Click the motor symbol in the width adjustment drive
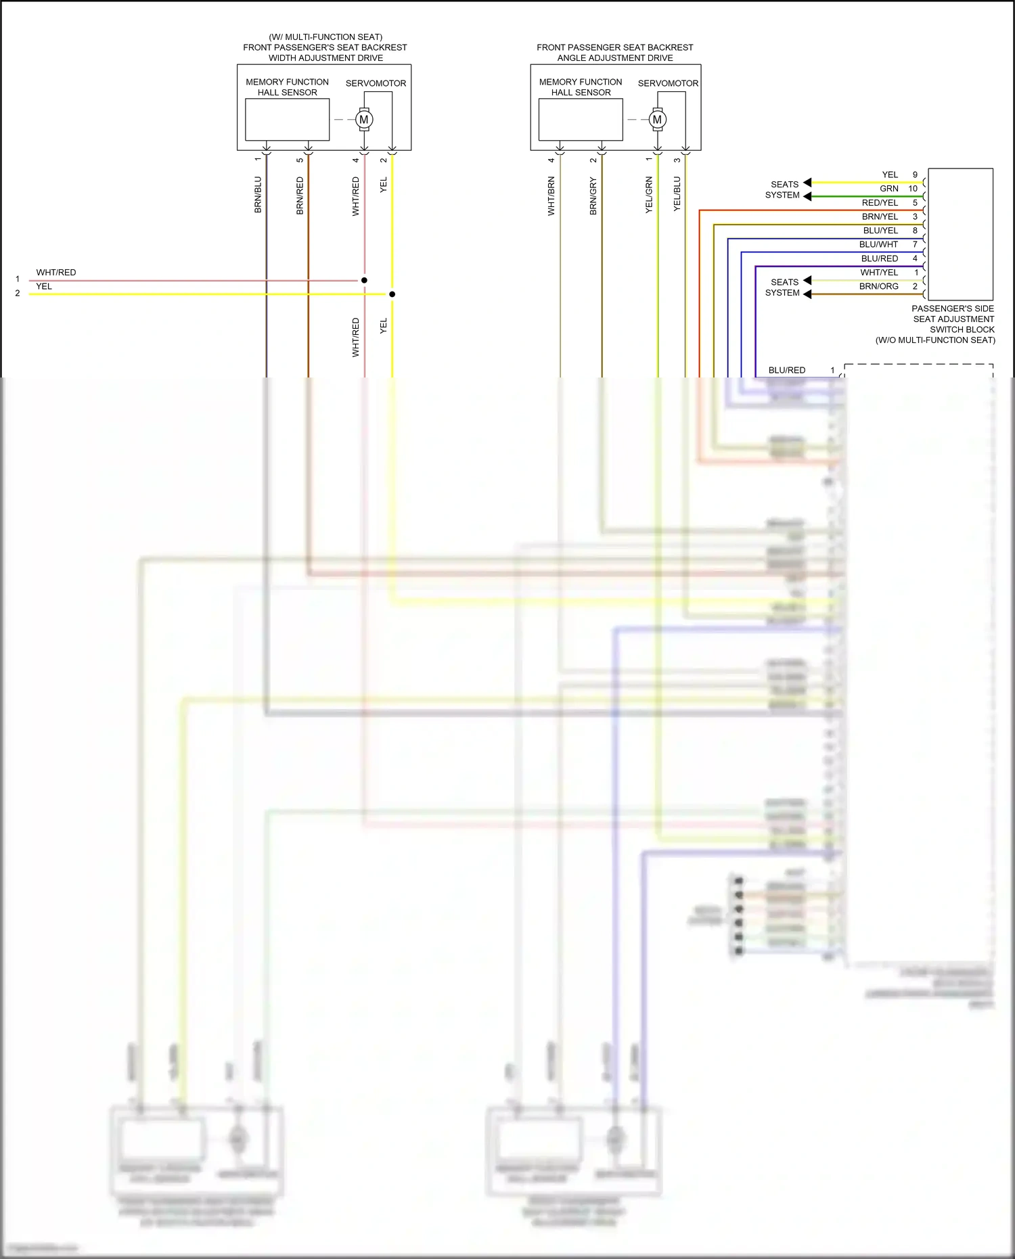pos(364,120)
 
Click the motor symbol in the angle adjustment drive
pos(657,120)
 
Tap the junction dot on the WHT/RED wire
pos(364,280)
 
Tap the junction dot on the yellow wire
pos(392,294)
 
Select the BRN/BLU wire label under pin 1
pos(258,195)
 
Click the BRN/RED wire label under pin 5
pos(300,196)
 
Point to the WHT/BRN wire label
pos(551,196)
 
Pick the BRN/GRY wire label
pos(593,196)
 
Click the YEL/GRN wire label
pos(649,195)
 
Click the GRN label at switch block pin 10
pos(889,189)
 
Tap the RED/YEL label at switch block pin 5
pos(880,203)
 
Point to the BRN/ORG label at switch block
pos(878,287)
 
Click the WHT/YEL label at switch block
pos(879,273)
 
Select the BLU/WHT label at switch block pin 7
pos(878,245)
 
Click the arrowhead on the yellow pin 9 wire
pos(807,183)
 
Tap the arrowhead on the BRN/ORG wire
pos(807,294)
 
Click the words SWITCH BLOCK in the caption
pos(962,329)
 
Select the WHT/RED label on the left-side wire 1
pos(56,273)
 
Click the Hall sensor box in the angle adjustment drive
pos(581,120)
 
